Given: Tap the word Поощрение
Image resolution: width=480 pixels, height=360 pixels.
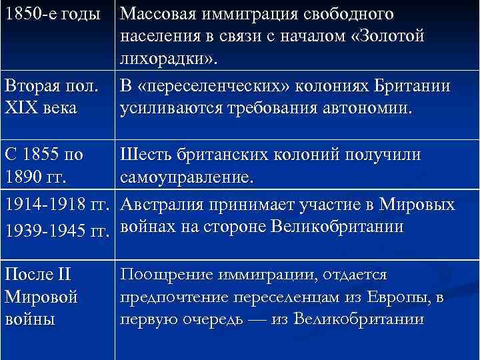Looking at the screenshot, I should click(161, 275).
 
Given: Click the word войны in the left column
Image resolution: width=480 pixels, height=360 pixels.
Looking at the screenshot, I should click(27, 319).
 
